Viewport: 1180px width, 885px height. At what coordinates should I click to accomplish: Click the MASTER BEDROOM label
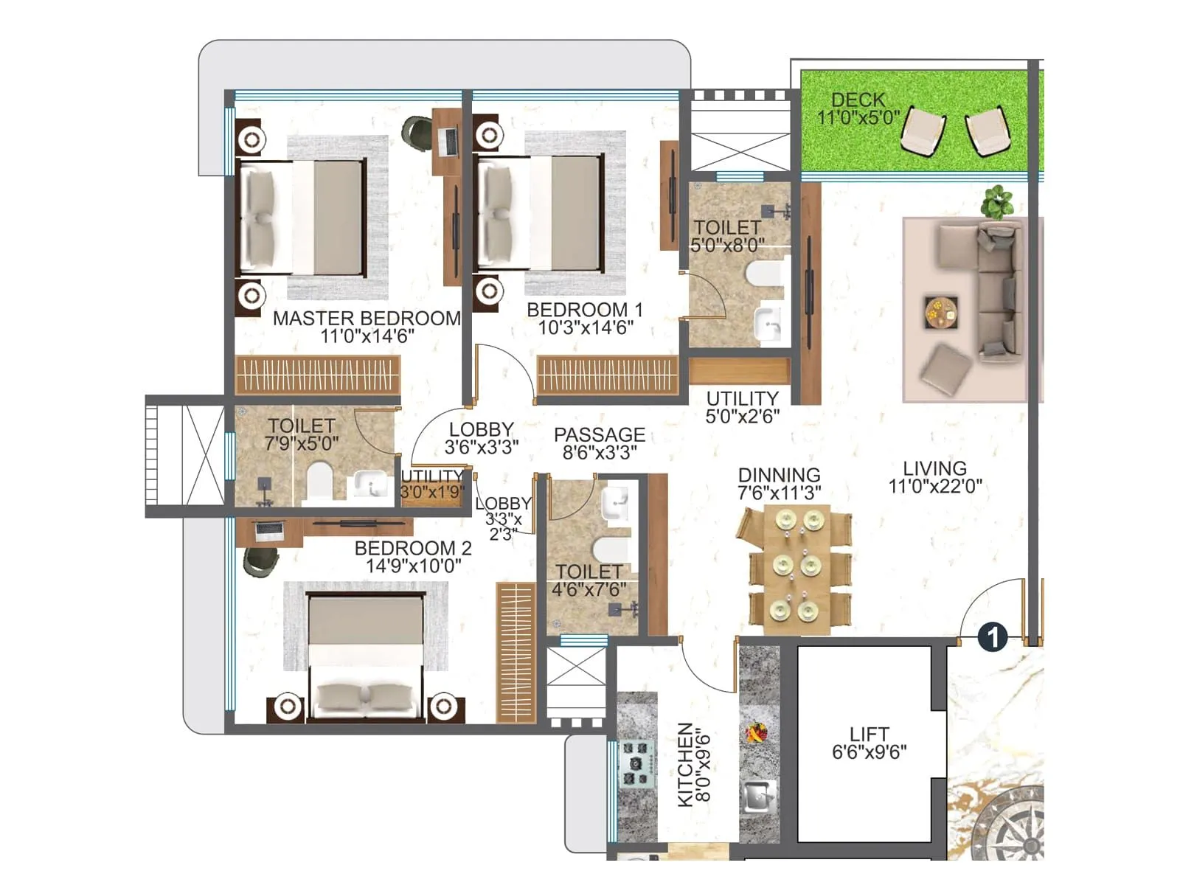(x=367, y=319)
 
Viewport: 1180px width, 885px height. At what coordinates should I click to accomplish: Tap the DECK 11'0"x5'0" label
(x=858, y=108)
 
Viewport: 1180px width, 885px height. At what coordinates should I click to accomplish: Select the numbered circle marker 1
(x=993, y=636)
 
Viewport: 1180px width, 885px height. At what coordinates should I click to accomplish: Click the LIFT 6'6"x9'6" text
(x=869, y=743)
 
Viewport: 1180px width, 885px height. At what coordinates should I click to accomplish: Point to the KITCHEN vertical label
(x=686, y=764)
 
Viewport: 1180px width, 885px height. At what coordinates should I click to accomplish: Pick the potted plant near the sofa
(x=997, y=201)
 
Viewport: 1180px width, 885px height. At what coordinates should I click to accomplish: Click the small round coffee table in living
(x=941, y=313)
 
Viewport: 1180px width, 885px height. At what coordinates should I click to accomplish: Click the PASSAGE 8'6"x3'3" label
(x=600, y=443)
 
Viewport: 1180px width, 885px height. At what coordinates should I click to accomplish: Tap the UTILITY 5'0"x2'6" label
(x=742, y=407)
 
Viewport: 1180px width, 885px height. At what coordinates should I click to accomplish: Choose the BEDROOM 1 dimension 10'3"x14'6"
(x=586, y=328)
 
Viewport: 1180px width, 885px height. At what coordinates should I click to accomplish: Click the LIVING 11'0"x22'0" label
(x=934, y=477)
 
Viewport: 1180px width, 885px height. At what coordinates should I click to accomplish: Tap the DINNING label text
(x=779, y=475)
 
